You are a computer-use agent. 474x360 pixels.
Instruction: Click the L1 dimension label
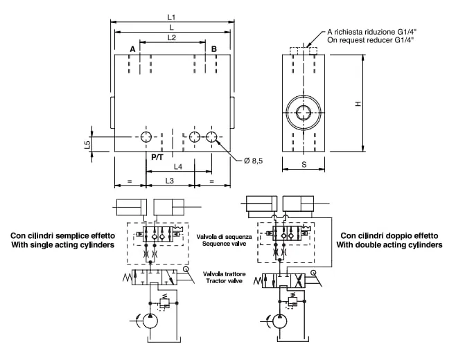click(171, 17)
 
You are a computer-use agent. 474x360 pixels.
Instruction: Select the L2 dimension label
click(171, 37)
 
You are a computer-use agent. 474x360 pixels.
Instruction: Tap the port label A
click(132, 49)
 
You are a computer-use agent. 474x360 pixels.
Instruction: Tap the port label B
click(213, 49)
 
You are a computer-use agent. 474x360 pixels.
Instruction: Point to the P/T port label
click(157, 157)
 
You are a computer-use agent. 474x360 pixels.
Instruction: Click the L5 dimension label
click(87, 145)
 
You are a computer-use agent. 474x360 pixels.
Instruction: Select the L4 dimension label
click(178, 167)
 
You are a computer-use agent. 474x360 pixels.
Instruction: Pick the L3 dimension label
click(170, 181)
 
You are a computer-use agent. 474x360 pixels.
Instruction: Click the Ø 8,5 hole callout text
click(254, 161)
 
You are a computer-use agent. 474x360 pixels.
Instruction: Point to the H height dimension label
click(358, 104)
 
